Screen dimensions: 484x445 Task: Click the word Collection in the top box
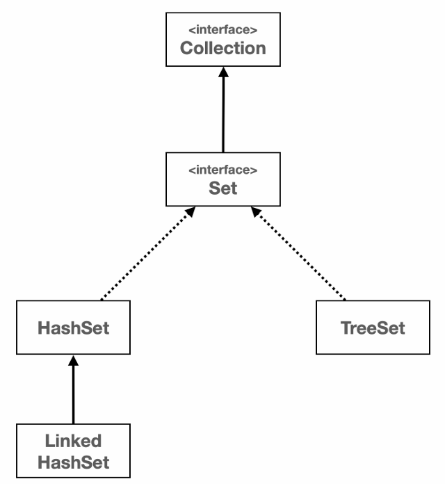223,49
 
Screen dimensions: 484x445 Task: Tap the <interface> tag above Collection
223,30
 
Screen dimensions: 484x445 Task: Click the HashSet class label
73,328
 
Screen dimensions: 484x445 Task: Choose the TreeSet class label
373,328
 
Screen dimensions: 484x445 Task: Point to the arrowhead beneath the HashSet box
73,362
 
